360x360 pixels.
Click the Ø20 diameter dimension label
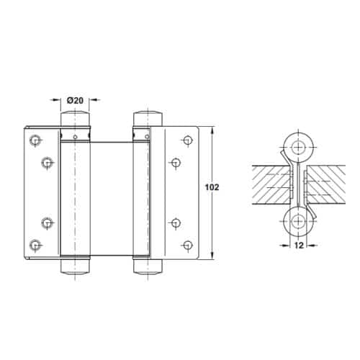click(x=75, y=99)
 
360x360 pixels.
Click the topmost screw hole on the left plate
click(x=34, y=140)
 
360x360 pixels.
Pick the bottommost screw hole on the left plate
click(x=34, y=243)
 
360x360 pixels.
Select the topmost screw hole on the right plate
click(x=188, y=140)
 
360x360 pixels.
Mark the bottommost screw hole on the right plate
click(x=188, y=243)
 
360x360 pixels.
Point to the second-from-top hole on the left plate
click(x=46, y=163)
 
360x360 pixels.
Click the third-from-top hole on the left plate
click(x=46, y=222)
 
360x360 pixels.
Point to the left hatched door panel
click(x=270, y=184)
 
